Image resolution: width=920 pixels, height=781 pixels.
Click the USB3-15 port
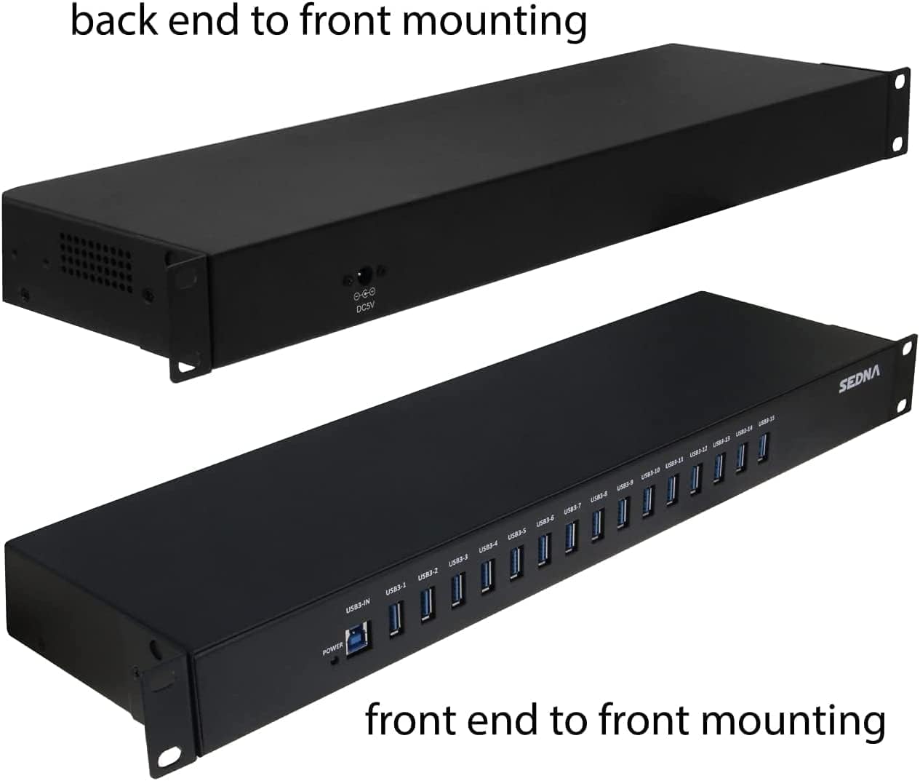click(762, 448)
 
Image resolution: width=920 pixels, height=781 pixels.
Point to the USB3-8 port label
click(599, 496)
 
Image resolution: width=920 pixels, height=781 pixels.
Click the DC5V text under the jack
click(364, 309)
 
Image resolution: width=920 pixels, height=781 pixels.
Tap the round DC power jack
click(361, 277)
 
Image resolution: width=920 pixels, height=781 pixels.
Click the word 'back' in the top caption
click(115, 21)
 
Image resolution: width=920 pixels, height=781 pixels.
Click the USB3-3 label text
click(458, 560)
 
